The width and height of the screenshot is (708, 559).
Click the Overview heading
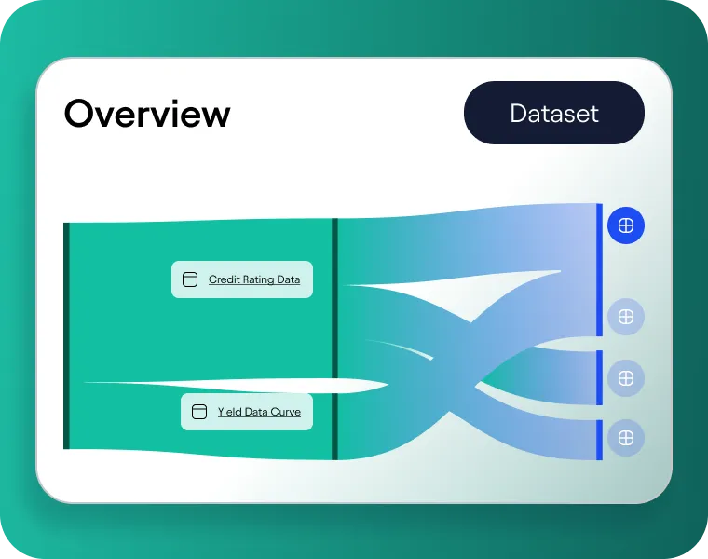click(147, 114)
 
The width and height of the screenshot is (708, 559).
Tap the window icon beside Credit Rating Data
click(190, 279)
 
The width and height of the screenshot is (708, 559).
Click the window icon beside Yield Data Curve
click(198, 412)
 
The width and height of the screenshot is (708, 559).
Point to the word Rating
click(258, 279)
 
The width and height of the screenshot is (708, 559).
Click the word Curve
click(285, 412)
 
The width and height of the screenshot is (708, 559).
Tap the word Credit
click(224, 279)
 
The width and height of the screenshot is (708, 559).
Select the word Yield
click(230, 412)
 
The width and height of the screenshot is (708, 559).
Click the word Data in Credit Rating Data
click(289, 279)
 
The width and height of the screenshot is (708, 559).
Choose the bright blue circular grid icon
click(626, 225)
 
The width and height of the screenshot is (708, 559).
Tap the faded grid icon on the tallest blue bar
click(626, 317)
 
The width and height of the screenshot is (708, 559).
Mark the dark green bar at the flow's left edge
click(66, 335)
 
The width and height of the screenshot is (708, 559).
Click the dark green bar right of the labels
click(335, 339)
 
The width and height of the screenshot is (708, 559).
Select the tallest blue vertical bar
click(600, 269)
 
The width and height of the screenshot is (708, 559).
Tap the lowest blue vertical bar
click(600, 440)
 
